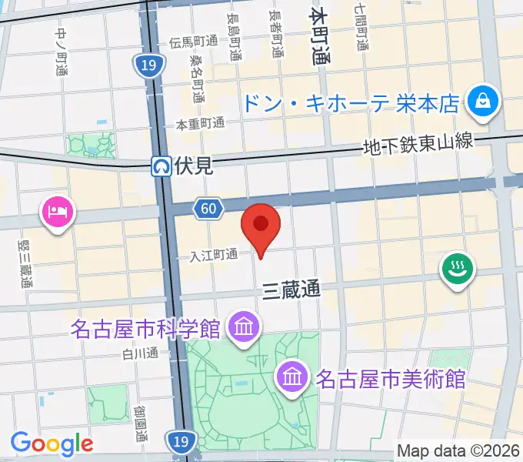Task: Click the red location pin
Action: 261,224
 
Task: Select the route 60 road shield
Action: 209,208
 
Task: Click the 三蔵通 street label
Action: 291,290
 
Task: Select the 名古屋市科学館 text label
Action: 145,330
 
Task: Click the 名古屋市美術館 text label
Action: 391,379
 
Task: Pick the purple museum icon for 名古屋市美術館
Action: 294,377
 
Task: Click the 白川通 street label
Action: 139,354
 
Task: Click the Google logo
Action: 52,444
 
